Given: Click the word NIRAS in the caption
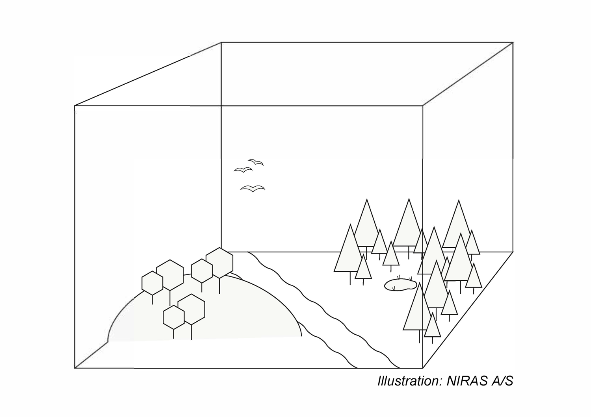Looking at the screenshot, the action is click(x=467, y=382).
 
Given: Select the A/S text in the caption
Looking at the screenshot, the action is click(x=502, y=382).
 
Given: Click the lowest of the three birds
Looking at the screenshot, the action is click(x=253, y=188).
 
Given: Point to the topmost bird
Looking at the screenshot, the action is click(x=256, y=162).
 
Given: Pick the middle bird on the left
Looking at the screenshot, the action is click(x=243, y=170).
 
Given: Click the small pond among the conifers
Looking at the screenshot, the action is click(x=400, y=285).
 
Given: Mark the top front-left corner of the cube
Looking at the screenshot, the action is click(x=75, y=106).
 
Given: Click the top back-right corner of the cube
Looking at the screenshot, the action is click(x=513, y=42).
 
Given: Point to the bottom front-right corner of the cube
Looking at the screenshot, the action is click(x=423, y=368).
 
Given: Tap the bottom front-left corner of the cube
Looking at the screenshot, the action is click(x=75, y=368).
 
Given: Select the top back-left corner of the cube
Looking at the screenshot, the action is click(x=221, y=42).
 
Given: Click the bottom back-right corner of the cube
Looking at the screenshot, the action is click(x=513, y=252).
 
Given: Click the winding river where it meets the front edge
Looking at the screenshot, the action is click(x=379, y=368).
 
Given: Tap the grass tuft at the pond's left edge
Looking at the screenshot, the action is click(x=394, y=289).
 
